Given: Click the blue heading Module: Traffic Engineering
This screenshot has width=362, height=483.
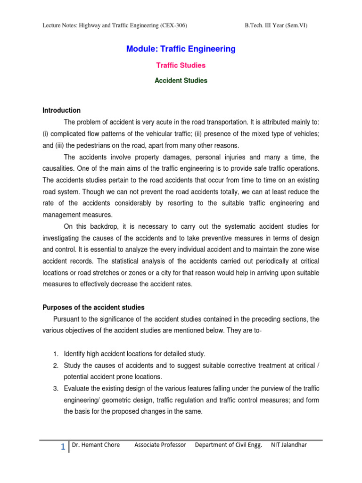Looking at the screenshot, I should [x=181, y=49].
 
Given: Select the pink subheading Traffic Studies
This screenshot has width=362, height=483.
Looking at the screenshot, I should [x=181, y=66].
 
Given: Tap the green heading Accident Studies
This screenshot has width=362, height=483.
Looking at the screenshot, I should [x=181, y=81].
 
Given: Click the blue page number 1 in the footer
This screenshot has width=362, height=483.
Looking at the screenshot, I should [x=62, y=447].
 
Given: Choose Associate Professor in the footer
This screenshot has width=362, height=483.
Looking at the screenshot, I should [x=160, y=444].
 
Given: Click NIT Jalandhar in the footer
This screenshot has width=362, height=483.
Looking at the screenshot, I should [x=288, y=444].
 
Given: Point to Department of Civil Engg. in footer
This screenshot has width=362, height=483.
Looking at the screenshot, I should [x=228, y=444].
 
